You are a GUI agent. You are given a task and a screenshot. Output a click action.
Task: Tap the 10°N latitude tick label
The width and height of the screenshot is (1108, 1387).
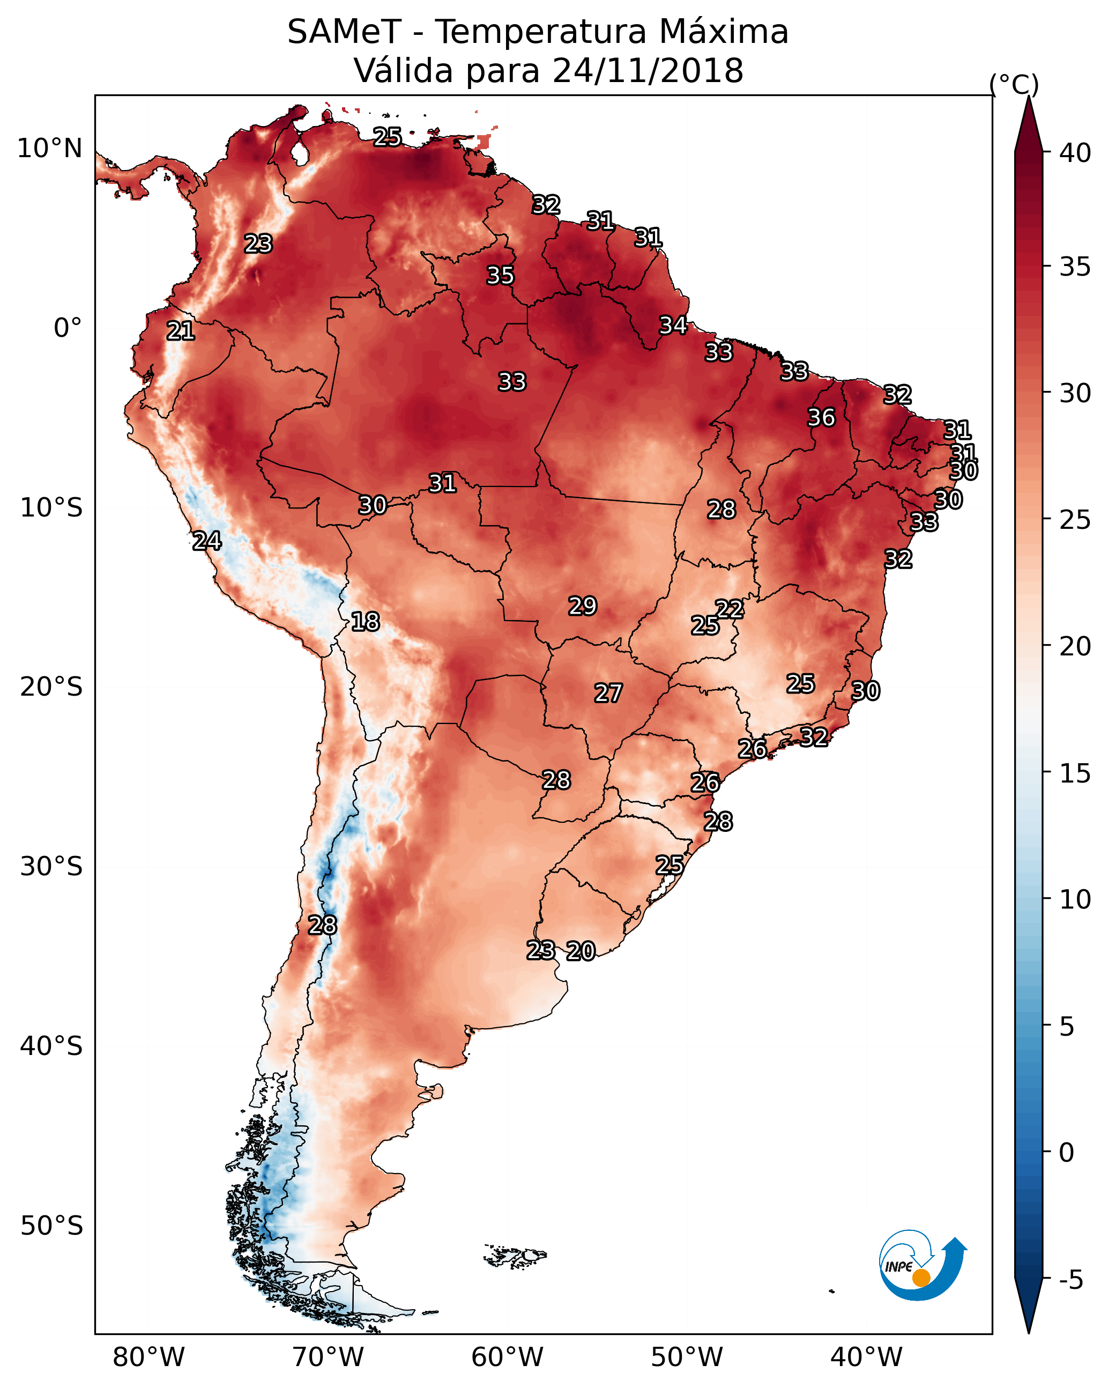pos(49,149)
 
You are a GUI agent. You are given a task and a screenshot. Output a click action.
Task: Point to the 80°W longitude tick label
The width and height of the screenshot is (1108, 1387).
pos(148,1358)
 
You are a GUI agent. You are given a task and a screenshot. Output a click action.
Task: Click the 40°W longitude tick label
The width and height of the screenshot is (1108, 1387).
pos(866,1358)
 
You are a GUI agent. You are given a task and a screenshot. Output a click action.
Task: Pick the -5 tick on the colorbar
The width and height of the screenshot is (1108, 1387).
pos(1070,1280)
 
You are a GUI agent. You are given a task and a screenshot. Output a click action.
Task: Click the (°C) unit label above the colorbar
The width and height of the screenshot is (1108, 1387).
pos(1014,84)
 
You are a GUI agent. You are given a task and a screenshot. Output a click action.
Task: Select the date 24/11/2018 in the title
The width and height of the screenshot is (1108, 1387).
pos(648,71)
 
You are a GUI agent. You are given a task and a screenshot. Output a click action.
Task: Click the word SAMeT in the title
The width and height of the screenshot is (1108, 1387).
pos(345,32)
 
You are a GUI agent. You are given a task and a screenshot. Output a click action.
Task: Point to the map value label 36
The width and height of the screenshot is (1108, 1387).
pos(821,417)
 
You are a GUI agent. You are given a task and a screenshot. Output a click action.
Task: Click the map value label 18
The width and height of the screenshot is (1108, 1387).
pos(365,622)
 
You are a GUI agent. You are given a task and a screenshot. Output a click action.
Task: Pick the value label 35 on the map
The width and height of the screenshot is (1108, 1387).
pos(500,275)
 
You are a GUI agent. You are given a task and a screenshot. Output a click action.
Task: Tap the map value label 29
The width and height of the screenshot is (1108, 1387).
pos(583,606)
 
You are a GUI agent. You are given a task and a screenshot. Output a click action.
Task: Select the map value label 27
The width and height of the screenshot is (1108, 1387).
pos(608,693)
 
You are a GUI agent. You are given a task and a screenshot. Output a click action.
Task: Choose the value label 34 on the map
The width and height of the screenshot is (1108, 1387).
pos(673,326)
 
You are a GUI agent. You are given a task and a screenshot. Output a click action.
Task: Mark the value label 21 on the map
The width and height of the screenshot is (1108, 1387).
pos(181,331)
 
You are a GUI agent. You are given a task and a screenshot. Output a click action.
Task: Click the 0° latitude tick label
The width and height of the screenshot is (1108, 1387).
pos(68,328)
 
